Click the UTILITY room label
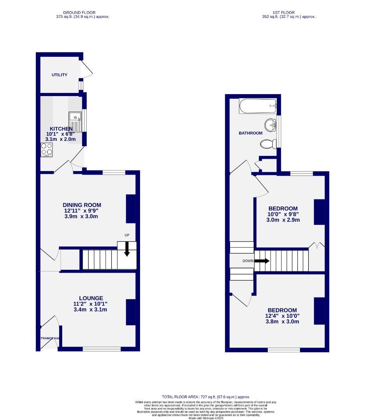60,75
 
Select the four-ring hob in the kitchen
47,149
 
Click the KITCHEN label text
61,129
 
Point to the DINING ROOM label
82,205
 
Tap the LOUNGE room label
89,298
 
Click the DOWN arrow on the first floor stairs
261,261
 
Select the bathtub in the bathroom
258,106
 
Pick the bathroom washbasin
270,124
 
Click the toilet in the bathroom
267,144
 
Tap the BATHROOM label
251,133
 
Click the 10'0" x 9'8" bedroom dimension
283,214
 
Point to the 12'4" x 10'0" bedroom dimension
282,316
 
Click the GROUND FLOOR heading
79,12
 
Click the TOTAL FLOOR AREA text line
206,397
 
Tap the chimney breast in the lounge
130,312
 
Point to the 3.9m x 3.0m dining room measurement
81,216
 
